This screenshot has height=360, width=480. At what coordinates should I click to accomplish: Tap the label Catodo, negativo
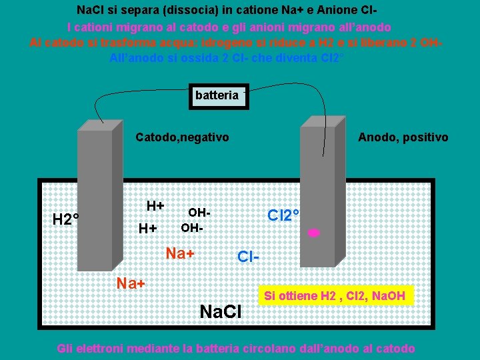pyautogui.click(x=182, y=137)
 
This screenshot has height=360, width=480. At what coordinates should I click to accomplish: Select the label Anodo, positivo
pyautogui.click(x=403, y=137)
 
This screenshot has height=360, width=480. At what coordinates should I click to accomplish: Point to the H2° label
pyautogui.click(x=66, y=219)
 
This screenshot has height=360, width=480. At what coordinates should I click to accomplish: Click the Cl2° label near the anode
pyautogui.click(x=283, y=215)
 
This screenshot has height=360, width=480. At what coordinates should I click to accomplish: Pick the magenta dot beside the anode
pyautogui.click(x=313, y=233)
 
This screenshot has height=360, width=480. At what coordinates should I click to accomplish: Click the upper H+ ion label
pyautogui.click(x=155, y=205)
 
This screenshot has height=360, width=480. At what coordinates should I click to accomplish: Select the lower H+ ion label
pyautogui.click(x=147, y=229)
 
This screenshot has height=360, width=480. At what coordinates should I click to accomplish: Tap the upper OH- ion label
pyautogui.click(x=199, y=213)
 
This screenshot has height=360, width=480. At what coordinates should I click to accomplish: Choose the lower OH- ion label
pyautogui.click(x=193, y=228)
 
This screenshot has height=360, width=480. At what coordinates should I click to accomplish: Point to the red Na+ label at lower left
pyautogui.click(x=131, y=283)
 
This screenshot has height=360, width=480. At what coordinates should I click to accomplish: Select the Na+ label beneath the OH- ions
pyautogui.click(x=180, y=254)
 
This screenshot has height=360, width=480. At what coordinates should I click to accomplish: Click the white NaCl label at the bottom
pyautogui.click(x=221, y=311)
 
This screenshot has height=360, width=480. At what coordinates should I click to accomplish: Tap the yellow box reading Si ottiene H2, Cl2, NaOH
pyautogui.click(x=335, y=295)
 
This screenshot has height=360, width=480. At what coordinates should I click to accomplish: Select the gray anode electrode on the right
pyautogui.click(x=317, y=193)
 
